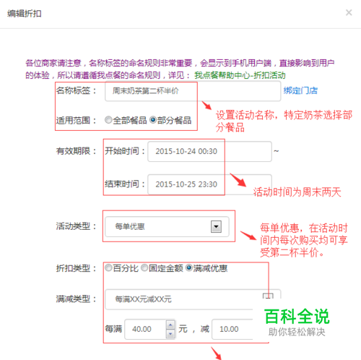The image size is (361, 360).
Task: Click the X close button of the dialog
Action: point(349,12)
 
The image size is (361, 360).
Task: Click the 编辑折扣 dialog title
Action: point(25,14)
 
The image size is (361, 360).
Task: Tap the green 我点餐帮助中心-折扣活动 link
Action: point(240,75)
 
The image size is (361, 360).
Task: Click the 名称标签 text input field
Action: point(193,91)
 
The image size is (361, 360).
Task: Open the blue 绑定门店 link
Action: point(300,90)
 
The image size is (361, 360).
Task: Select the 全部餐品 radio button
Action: point(108,120)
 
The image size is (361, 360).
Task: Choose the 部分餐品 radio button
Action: point(153,120)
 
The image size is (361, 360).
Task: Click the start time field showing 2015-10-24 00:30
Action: point(209,151)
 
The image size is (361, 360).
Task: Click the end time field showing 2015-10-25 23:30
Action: point(209,184)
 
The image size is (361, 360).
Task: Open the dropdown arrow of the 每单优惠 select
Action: point(216,227)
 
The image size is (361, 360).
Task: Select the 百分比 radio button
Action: point(108,267)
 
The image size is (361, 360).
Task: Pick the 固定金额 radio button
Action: point(144,267)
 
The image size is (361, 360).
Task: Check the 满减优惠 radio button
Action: point(189,267)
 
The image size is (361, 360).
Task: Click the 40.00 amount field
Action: point(145,329)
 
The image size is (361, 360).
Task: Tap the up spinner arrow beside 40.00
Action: point(170,325)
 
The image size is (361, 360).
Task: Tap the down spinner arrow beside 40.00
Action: point(170,334)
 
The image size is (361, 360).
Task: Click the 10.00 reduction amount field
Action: point(232,329)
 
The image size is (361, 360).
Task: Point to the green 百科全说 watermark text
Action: point(297,317)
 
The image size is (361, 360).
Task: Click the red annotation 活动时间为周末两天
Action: point(297,192)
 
